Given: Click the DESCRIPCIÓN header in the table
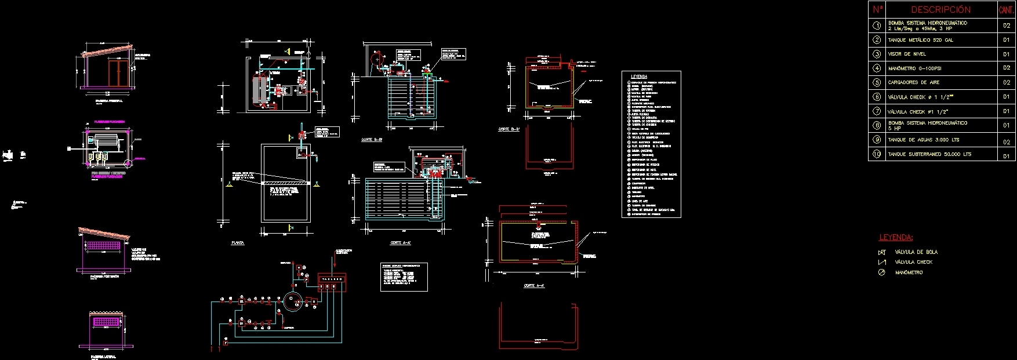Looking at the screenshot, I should point(940,10).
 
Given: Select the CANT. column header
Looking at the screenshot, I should point(1007,10).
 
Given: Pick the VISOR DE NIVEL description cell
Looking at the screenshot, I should point(907,54).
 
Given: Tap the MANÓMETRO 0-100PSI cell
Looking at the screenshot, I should point(914,68).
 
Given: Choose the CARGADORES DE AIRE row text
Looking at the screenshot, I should point(914,82).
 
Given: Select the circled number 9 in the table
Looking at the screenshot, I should point(877,140).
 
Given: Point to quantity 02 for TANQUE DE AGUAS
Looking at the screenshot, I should point(1007,142).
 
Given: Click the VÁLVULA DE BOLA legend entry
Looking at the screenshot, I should point(916,252).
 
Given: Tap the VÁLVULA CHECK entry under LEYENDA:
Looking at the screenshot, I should point(913,262).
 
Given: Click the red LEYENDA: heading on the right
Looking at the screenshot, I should point(896,238).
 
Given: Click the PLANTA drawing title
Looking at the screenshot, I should point(237,243).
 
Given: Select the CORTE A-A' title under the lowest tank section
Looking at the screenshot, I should point(533,286).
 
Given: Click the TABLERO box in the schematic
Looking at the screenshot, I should point(332,279).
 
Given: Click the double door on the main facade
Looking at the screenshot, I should point(119,73).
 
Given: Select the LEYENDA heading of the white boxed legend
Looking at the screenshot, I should point(638,77).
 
